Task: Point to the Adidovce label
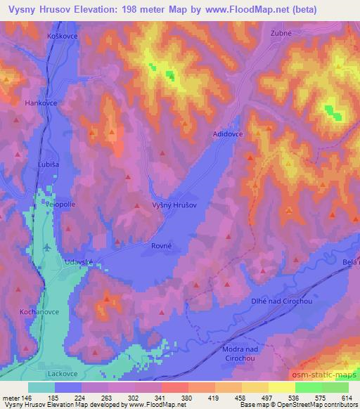tap(229, 133)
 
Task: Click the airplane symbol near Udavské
tap(47, 247)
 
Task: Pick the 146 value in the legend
tap(27, 397)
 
